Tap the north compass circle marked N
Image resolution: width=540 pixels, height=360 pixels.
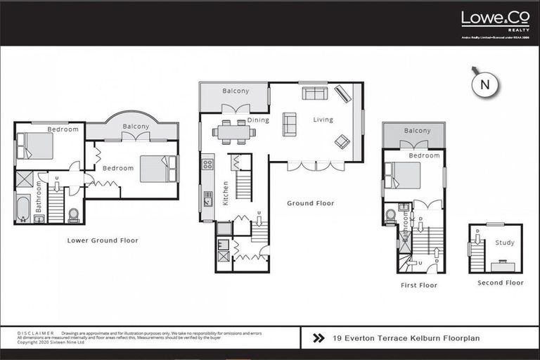[x=484, y=84]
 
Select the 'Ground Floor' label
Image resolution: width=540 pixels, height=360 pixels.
[x=310, y=203]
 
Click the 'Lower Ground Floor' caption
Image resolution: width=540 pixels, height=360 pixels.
[x=103, y=240]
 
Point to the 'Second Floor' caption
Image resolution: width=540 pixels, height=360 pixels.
[x=500, y=283]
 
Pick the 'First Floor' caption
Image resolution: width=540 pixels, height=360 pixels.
[x=419, y=285]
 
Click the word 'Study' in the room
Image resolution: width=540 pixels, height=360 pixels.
[x=504, y=243]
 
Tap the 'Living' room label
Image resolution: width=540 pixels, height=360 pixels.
[x=323, y=120]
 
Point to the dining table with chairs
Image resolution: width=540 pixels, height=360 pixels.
[x=233, y=131]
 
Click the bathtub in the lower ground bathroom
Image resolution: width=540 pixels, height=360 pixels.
[x=24, y=208]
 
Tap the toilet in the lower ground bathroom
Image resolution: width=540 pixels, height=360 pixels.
[x=74, y=214]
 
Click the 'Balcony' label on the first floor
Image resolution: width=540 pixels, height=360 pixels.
[x=417, y=131]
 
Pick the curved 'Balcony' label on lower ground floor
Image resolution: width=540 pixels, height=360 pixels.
[x=136, y=127]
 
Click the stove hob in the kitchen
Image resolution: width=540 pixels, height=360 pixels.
[x=207, y=164]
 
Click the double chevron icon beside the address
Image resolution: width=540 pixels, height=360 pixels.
[x=319, y=338]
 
